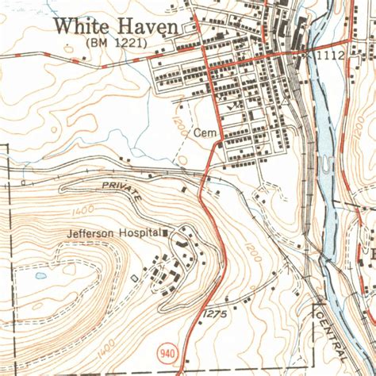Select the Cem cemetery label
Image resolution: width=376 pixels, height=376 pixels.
tap(204, 135)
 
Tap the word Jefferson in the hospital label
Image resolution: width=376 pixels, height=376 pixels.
tap(87, 234)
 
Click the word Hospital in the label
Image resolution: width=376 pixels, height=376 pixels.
tap(140, 234)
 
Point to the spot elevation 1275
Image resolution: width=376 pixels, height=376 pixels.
tap(216, 315)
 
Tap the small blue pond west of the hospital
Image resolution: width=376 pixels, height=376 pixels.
tap(40, 276)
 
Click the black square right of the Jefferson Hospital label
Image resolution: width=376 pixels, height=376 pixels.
tap(166, 233)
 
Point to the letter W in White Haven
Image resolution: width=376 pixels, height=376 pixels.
tap(63, 26)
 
